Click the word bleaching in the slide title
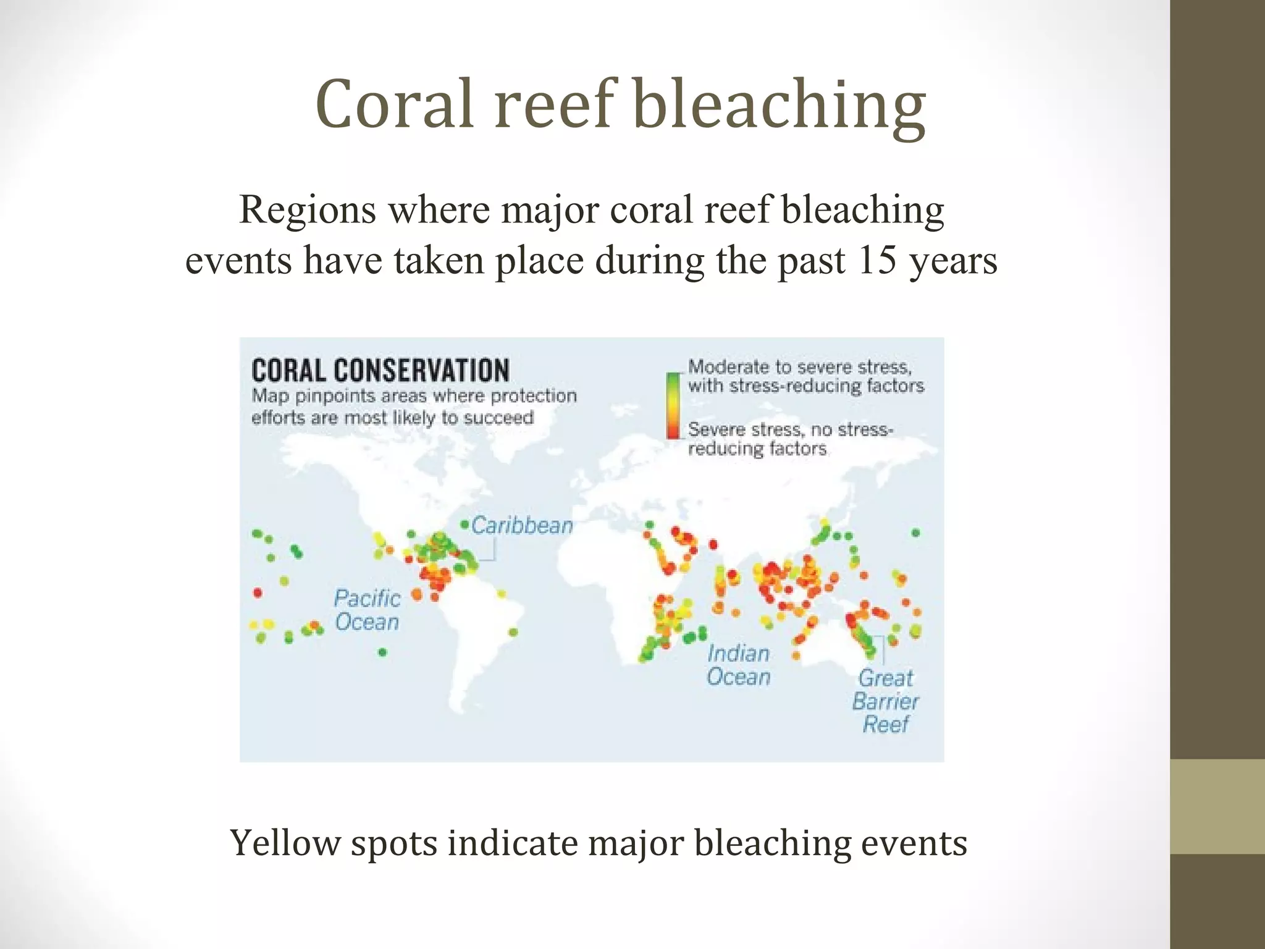point(780,104)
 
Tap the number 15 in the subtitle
point(876,260)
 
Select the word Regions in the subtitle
point(308,209)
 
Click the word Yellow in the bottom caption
point(285,843)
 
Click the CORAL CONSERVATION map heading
point(380,371)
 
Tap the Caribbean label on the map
point(522,526)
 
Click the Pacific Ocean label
point(367,610)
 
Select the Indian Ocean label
point(739,665)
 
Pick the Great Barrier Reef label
point(885,701)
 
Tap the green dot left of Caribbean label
point(464,525)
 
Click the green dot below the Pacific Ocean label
point(382,652)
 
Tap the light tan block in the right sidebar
point(1217,806)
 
